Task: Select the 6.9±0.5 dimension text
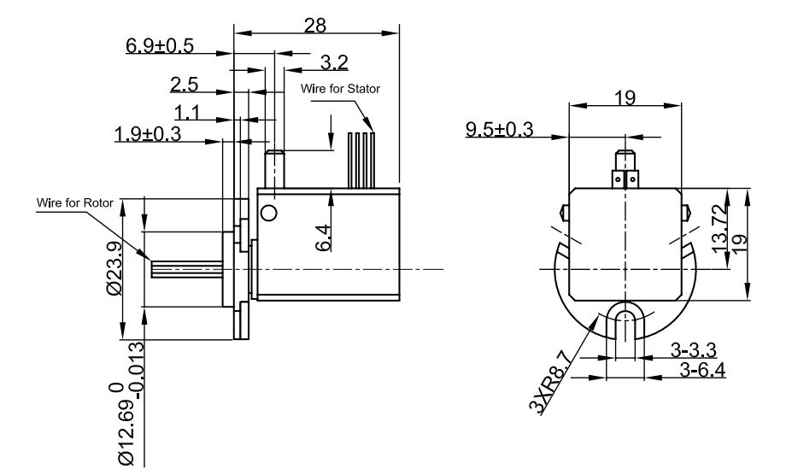tap(160, 46)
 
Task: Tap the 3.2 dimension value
tap(334, 62)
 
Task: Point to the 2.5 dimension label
tap(185, 85)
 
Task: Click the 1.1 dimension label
tap(189, 111)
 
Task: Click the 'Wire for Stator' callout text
tap(339, 89)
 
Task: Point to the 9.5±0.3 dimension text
tap(499, 130)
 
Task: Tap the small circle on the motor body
tap(269, 212)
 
